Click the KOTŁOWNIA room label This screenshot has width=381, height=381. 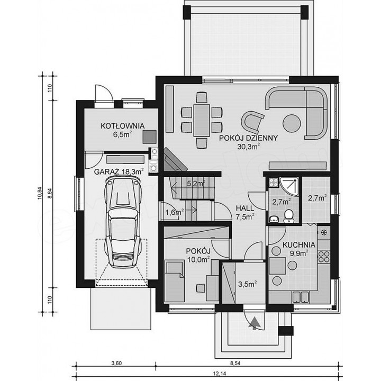click(122, 126)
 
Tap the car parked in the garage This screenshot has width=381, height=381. click(123, 222)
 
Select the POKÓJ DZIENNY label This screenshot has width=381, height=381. click(248, 138)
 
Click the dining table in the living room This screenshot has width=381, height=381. click(202, 121)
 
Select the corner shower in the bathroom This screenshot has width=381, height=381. click(289, 187)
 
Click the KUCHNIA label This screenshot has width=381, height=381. click(299, 245)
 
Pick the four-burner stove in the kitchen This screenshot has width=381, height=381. click(324, 257)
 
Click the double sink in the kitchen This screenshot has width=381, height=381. click(301, 297)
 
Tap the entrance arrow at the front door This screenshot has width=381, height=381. click(254, 323)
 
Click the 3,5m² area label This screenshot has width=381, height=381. click(247, 284)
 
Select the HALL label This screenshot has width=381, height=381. click(245, 208)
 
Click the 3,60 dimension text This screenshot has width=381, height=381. click(116, 364)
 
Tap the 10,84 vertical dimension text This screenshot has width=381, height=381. click(40, 193)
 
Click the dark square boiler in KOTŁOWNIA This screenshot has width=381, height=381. click(149, 137)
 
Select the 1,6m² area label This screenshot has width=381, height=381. click(175, 212)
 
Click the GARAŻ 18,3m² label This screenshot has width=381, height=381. click(119, 171)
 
